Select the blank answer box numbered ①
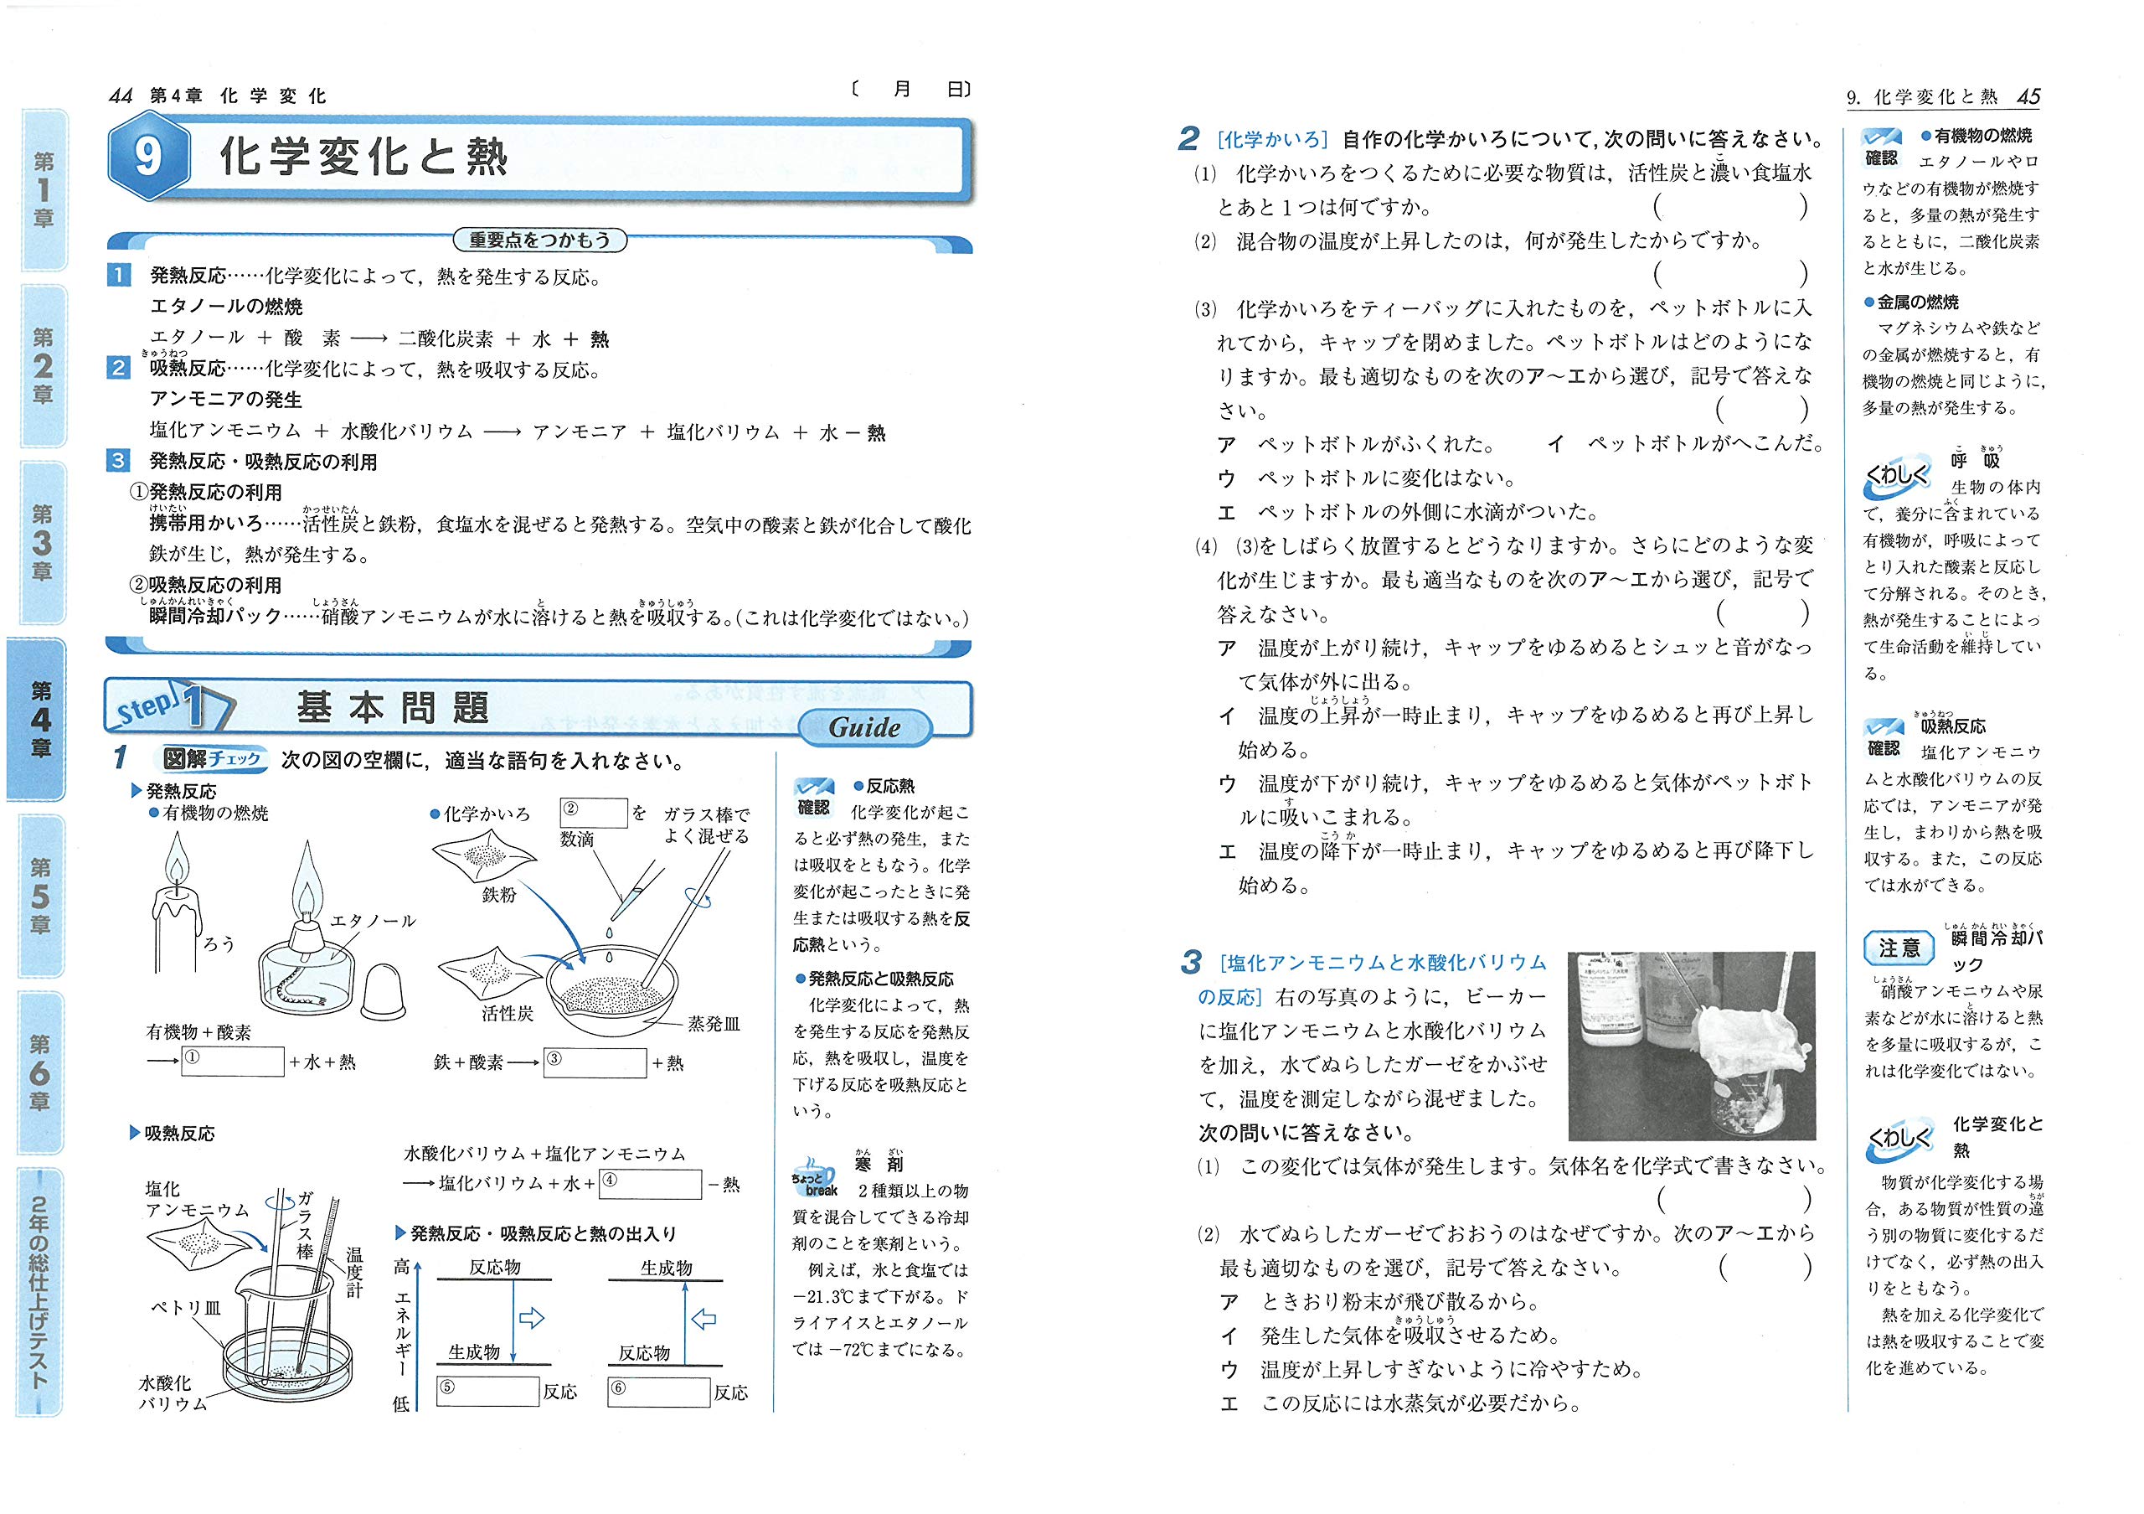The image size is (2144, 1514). pyautogui.click(x=233, y=1061)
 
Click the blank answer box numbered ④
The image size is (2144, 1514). pyautogui.click(x=650, y=1184)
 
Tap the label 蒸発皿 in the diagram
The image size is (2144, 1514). pyautogui.click(x=714, y=1025)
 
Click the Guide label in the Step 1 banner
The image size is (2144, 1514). pyautogui.click(x=864, y=727)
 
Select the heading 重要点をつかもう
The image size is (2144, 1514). pyautogui.click(x=539, y=240)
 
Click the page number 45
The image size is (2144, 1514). pyautogui.click(x=2028, y=97)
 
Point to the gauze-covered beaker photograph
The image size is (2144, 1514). pyautogui.click(x=1691, y=1045)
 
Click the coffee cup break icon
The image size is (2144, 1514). pyautogui.click(x=813, y=1176)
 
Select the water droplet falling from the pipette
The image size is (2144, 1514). pyautogui.click(x=608, y=933)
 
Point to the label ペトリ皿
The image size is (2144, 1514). pyautogui.click(x=186, y=1307)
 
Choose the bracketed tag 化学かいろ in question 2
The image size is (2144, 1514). pyautogui.click(x=1272, y=140)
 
